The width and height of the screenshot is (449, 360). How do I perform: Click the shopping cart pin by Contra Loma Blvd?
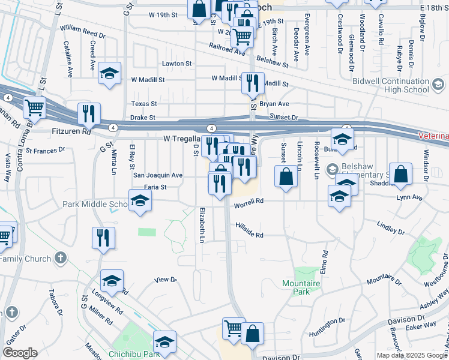pos(35,108)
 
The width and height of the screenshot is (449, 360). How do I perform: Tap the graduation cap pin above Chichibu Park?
pos(164,341)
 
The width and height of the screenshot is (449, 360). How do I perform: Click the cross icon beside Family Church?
pos(59,258)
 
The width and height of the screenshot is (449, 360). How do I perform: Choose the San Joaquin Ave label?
pos(157,175)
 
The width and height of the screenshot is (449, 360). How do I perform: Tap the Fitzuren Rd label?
pos(70,130)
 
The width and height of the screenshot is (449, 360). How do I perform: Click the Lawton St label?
pos(176,63)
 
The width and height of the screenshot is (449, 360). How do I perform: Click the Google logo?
pos(20,353)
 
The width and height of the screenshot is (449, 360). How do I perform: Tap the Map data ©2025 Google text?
pos(411,355)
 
